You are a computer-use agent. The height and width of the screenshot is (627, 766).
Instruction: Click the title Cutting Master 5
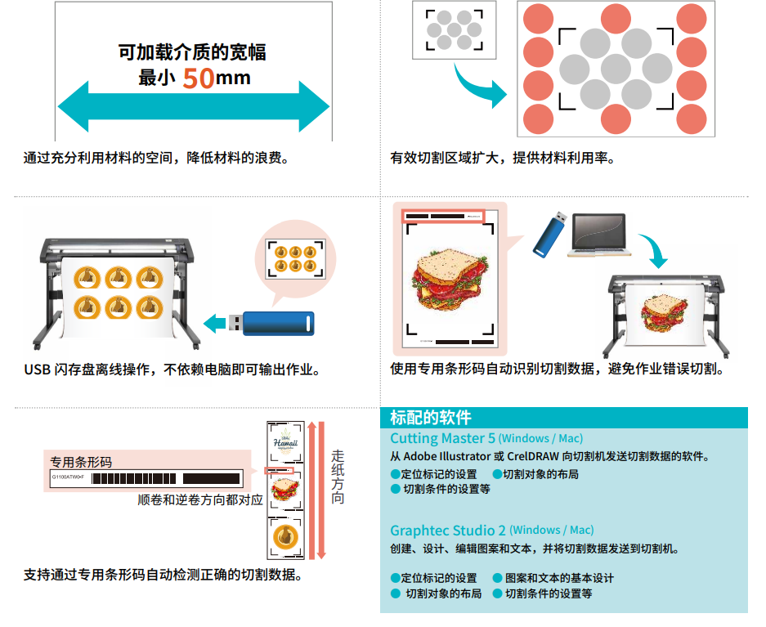pyautogui.click(x=442, y=438)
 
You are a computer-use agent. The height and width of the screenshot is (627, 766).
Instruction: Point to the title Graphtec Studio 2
pyautogui.click(x=448, y=530)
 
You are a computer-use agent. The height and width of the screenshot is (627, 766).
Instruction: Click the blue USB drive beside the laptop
pyautogui.click(x=550, y=235)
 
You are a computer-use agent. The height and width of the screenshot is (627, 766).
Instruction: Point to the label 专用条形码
pyautogui.click(x=81, y=461)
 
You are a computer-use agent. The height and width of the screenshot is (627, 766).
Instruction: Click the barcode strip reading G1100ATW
pyautogui.click(x=146, y=477)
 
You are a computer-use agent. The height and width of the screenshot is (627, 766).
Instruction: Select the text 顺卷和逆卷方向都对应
pyautogui.click(x=200, y=499)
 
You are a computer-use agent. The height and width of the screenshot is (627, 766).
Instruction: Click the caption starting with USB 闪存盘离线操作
pyautogui.click(x=172, y=369)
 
